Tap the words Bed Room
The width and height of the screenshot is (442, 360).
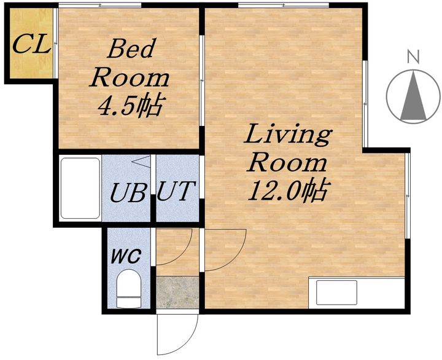tap(129, 64)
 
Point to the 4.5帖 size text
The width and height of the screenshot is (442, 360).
tap(131, 105)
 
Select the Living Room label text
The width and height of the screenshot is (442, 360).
tap(287, 149)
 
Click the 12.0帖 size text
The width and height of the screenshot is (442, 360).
tap(287, 190)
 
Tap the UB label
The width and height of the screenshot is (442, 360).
tap(128, 192)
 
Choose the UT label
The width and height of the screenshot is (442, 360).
tap(176, 190)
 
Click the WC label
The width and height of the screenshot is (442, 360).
tap(126, 257)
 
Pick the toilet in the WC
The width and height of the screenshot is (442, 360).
tap(129, 289)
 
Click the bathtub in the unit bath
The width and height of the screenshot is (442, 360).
tap(80, 188)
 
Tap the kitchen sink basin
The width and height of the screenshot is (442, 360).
tap(336, 292)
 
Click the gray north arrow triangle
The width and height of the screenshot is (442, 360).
tap(413, 96)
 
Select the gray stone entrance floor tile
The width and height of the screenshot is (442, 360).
tap(177, 292)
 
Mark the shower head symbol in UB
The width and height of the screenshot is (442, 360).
tap(141, 162)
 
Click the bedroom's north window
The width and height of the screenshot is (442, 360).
tap(100, 4)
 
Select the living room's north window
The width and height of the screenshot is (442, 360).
tap(283, 4)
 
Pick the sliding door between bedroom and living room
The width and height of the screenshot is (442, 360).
tap(201, 80)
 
